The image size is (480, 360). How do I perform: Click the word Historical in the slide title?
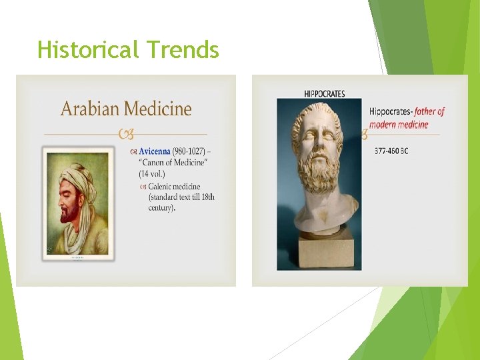[89, 50]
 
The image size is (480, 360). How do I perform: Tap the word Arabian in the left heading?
[91, 109]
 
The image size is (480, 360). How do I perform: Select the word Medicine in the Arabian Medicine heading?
[158, 109]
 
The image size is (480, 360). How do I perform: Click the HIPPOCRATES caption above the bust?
[324, 93]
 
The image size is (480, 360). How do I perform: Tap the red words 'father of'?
[429, 112]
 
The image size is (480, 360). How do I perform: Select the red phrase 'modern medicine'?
[399, 125]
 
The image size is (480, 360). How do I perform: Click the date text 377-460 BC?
[391, 151]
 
